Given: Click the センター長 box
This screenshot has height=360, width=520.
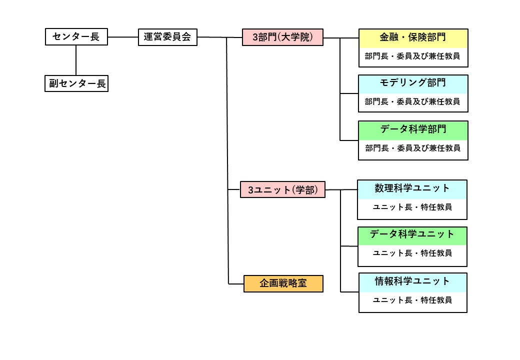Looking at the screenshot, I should pyautogui.click(x=76, y=37).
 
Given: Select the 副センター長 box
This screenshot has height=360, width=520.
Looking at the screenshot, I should pyautogui.click(x=76, y=83).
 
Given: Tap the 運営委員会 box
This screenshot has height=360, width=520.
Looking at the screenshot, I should pyautogui.click(x=167, y=37).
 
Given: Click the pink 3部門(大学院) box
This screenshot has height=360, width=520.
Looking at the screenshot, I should pyautogui.click(x=283, y=37).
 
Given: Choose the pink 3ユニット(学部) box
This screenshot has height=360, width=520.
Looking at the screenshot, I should pyautogui.click(x=283, y=189).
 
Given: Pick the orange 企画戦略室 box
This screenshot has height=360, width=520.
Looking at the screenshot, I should pyautogui.click(x=283, y=283).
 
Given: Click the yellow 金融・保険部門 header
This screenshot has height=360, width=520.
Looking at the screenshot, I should pyautogui.click(x=413, y=38).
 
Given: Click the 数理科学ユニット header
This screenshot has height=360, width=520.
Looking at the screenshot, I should pyautogui.click(x=412, y=189).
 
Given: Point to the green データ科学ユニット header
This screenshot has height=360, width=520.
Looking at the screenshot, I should pyautogui.click(x=412, y=235).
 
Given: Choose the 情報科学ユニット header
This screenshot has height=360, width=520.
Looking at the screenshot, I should pyautogui.click(x=412, y=281).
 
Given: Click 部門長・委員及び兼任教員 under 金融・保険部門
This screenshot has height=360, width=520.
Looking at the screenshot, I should pyautogui.click(x=413, y=56).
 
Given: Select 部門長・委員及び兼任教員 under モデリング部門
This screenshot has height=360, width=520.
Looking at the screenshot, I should pyautogui.click(x=413, y=102).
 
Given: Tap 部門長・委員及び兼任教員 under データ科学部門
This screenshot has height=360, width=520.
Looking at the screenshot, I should pyautogui.click(x=413, y=148).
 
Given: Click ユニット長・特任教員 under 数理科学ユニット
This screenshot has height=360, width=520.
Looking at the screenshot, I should pyautogui.click(x=412, y=207).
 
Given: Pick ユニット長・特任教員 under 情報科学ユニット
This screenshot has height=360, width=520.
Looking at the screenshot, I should pyautogui.click(x=412, y=300).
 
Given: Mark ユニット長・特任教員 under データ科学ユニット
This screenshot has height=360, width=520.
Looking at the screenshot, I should pyautogui.click(x=412, y=253).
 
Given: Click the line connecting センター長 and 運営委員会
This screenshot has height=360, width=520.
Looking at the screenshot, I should pyautogui.click(x=122, y=37).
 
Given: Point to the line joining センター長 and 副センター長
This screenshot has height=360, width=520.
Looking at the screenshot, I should pyautogui.click(x=76, y=60).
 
